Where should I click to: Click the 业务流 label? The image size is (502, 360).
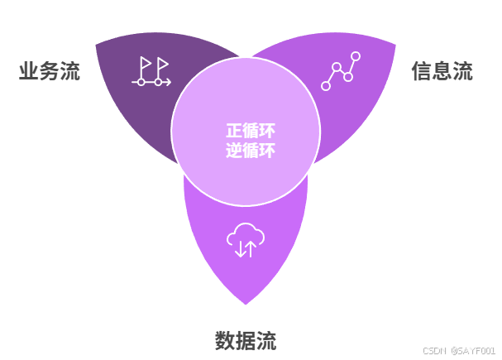point(50,71)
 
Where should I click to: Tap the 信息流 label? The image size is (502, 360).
point(442,71)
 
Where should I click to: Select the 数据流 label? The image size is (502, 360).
point(246,340)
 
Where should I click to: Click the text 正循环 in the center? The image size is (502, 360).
point(250,131)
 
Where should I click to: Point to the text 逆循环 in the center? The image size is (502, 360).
point(250,151)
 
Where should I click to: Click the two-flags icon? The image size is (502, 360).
point(151,72)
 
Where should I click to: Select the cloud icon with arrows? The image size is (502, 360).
point(245,240)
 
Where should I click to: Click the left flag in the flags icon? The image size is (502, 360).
point(145,65)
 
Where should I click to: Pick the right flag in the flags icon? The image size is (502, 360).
point(161,65)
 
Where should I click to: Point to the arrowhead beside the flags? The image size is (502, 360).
point(168,82)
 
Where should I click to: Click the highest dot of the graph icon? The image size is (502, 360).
point(356,57)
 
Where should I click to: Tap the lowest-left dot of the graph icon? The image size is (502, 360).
point(326,85)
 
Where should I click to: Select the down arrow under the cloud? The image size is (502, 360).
point(239,249)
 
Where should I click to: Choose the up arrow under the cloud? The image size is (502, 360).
point(251,248)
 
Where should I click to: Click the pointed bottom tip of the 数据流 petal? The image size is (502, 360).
point(246,303)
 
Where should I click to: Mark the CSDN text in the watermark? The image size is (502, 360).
point(435,351)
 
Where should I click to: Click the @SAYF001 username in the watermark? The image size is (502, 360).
point(473,351)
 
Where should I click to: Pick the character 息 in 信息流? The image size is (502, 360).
point(442,71)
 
